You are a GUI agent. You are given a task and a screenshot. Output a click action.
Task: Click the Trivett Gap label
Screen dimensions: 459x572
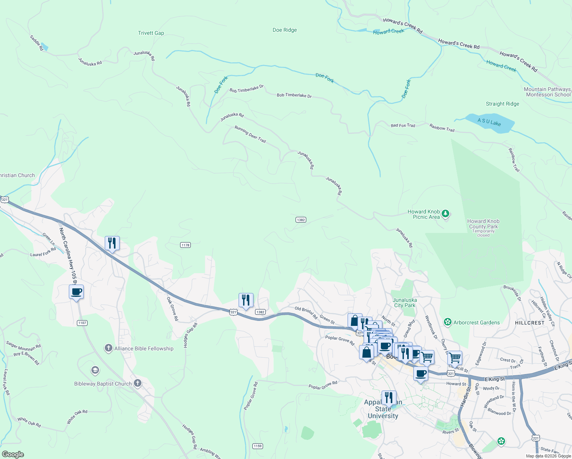(x=151, y=33)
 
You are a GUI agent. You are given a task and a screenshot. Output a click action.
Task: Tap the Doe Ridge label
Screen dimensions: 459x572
(x=284, y=30)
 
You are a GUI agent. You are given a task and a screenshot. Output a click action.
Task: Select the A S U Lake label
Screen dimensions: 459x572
(x=489, y=122)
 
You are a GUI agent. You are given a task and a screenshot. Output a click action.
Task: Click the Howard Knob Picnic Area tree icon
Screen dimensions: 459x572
(x=445, y=214)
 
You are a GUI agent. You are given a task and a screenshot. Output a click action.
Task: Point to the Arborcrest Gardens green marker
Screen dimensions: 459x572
(x=448, y=322)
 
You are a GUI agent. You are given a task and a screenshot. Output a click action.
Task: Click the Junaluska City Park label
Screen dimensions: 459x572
(x=405, y=303)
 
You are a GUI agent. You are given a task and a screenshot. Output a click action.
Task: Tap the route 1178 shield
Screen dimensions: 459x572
(x=185, y=245)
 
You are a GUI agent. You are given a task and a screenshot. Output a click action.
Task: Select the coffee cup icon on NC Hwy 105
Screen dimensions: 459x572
(x=76, y=292)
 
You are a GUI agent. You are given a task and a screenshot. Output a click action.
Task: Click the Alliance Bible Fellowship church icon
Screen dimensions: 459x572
(x=109, y=348)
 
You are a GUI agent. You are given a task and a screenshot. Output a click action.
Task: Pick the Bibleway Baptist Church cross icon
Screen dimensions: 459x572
(x=138, y=384)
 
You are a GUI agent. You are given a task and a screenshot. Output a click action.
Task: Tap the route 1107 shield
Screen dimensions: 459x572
(x=82, y=323)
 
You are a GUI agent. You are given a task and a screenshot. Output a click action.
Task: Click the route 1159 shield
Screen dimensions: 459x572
(x=258, y=446)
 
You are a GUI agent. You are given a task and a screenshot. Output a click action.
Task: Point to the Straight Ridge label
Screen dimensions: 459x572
(x=502, y=104)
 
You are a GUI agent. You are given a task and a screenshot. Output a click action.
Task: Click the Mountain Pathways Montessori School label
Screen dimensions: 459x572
(x=547, y=92)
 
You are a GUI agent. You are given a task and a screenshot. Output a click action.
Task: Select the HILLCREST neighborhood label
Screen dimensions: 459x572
(x=530, y=323)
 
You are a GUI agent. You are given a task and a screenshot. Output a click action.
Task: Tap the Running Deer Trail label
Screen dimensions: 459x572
(x=250, y=135)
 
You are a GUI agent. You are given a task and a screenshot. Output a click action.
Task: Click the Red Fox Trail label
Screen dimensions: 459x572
(x=403, y=125)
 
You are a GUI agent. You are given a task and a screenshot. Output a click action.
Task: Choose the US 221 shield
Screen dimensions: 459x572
(x=536, y=438)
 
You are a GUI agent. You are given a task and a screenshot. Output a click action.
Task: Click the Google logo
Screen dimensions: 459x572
(x=13, y=454)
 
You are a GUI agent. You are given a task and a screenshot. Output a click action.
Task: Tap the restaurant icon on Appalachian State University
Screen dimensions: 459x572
(x=388, y=398)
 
